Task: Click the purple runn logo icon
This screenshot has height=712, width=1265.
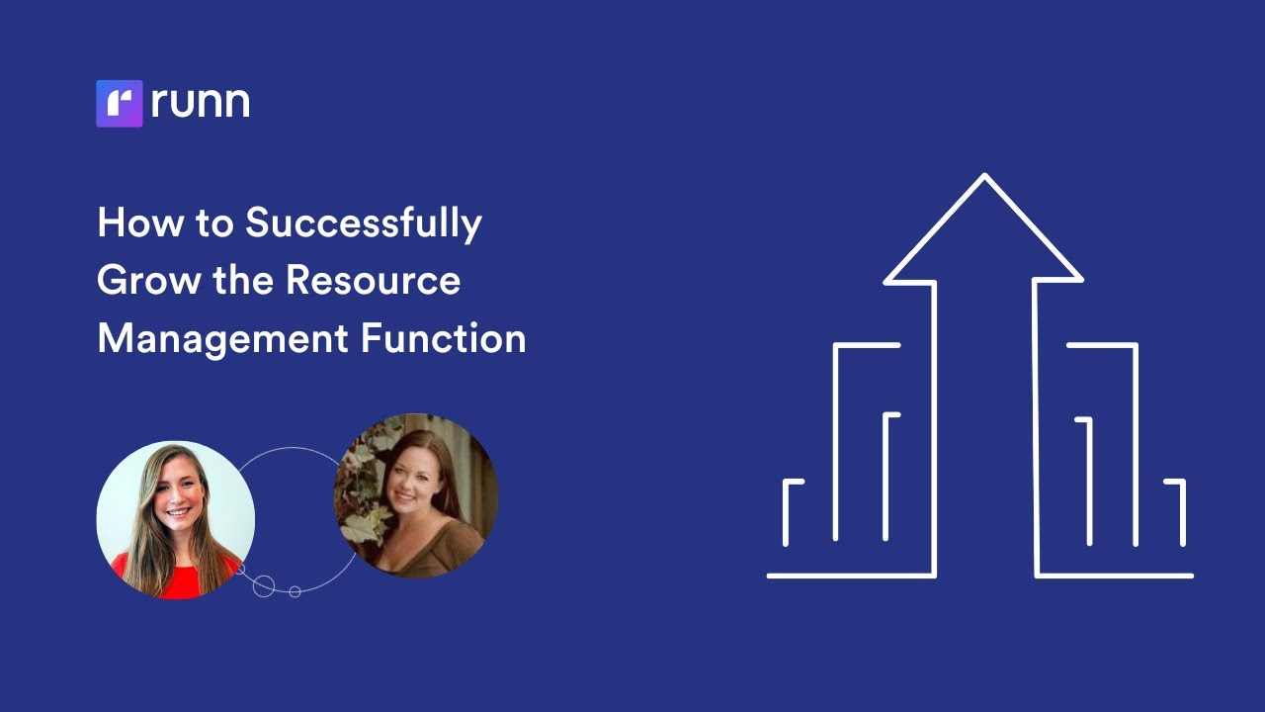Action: [x=120, y=103]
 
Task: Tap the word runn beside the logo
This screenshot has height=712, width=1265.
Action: [x=201, y=103]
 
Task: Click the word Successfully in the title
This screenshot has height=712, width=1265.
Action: [x=364, y=223]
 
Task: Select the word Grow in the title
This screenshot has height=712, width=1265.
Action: [x=147, y=281]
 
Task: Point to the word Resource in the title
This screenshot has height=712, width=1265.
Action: [x=373, y=281]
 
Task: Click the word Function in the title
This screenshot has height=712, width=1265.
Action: [x=443, y=339]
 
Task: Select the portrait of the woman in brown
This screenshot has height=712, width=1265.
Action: [x=416, y=494]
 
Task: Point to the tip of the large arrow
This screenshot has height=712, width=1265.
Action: [x=984, y=177]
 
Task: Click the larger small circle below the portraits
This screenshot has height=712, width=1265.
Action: [x=264, y=585]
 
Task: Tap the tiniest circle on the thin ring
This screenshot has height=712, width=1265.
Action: [x=295, y=591]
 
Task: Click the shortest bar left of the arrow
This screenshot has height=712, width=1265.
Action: [x=788, y=512]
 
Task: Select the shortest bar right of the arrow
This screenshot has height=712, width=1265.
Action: [x=1181, y=512]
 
